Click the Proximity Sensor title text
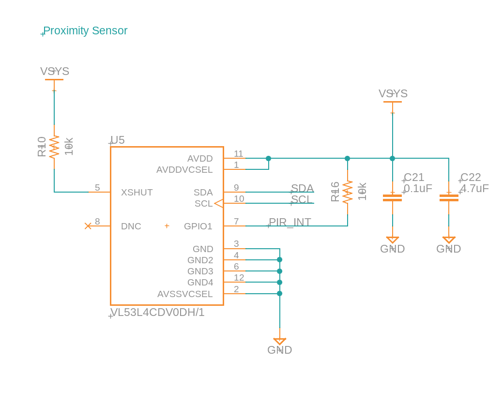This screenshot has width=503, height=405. (x=85, y=31)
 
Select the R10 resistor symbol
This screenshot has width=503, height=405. (x=54, y=147)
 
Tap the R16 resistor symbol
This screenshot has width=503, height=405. (x=348, y=192)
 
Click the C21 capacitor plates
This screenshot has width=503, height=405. (x=392, y=197)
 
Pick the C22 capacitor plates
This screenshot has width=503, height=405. (x=449, y=197)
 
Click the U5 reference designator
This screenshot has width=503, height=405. (x=118, y=140)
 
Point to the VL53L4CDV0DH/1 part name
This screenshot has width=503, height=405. (x=157, y=313)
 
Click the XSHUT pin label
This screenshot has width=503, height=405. (x=137, y=193)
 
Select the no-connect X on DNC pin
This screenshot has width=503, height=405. (x=88, y=226)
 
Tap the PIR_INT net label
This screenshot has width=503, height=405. (x=290, y=223)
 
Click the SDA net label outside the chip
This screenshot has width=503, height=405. (x=302, y=188)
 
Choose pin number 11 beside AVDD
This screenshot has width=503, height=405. (x=238, y=154)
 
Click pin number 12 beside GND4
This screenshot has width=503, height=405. (x=239, y=278)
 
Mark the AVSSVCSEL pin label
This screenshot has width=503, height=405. (x=185, y=294)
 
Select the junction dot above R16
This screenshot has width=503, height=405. (x=348, y=159)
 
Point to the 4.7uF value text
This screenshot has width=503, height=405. (x=474, y=189)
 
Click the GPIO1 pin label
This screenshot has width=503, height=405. (x=198, y=226)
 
